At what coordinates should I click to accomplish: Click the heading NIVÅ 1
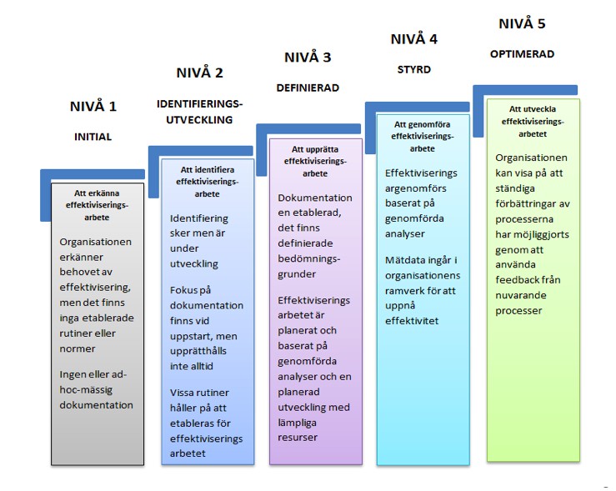(x=93, y=106)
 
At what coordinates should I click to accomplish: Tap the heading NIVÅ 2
(x=199, y=73)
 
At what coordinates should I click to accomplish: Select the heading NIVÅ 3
(x=308, y=58)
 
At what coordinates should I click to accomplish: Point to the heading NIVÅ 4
(x=414, y=39)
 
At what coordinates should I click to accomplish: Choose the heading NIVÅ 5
(x=522, y=23)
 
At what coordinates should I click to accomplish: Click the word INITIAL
(x=93, y=137)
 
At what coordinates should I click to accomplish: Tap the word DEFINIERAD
(x=308, y=88)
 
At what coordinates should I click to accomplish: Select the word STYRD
(x=414, y=69)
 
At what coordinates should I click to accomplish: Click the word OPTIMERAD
(x=522, y=54)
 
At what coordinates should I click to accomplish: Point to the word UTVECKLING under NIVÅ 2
(x=199, y=120)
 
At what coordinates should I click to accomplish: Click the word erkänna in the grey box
(x=103, y=193)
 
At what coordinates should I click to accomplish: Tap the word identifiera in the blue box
(x=213, y=170)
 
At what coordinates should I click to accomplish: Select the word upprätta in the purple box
(x=321, y=150)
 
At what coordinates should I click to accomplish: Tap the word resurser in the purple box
(x=298, y=438)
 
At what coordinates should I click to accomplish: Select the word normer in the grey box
(x=78, y=348)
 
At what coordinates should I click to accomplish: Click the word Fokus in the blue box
(x=184, y=290)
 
